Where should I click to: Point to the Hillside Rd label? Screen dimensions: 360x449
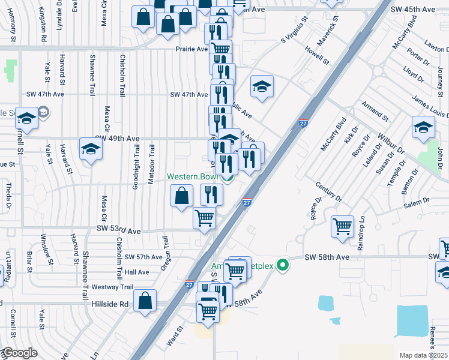coord(110,304)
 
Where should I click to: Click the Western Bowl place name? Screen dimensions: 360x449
coord(192,177)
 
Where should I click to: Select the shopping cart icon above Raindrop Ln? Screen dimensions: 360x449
coord(342,227)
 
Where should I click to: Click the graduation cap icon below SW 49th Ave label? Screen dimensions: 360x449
coord(91,149)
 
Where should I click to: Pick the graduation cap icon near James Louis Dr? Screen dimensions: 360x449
coord(423,127)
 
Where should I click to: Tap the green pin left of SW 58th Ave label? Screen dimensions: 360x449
coord(286,263)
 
